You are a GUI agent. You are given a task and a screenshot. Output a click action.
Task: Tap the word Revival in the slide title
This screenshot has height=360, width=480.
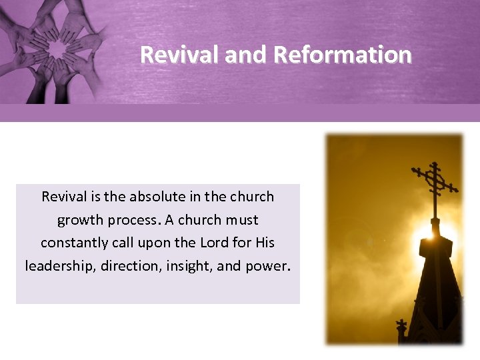[x=180, y=55]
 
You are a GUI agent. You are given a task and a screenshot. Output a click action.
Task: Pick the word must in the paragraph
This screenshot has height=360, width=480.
[x=242, y=220]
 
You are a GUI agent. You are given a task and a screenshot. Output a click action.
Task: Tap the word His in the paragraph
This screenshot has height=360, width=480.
[x=264, y=243]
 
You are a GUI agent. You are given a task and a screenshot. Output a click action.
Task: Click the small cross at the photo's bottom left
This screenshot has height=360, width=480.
[x=401, y=328]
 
